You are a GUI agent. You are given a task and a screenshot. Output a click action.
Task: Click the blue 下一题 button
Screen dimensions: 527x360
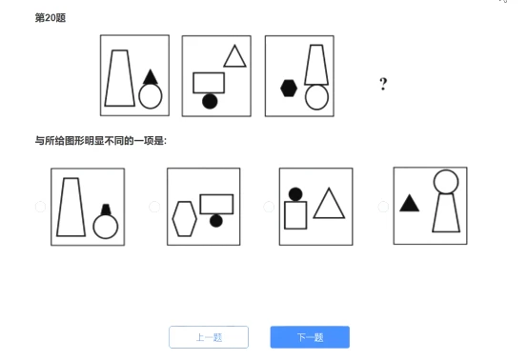[x=310, y=337]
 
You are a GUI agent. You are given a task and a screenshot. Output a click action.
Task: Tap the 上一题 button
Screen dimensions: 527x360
[x=209, y=337]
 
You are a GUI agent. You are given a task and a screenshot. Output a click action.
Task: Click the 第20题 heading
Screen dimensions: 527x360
[x=51, y=18]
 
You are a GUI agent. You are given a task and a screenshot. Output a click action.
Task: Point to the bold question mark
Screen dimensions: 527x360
[x=383, y=84]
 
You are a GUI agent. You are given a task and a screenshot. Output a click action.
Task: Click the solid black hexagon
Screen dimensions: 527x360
[x=289, y=89]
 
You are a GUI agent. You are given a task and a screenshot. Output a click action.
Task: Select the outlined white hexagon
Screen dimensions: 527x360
[x=185, y=219]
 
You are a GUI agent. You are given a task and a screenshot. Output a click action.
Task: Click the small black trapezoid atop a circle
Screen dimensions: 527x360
[x=106, y=210]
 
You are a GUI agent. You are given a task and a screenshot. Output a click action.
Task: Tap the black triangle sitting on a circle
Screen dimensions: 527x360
[x=151, y=77]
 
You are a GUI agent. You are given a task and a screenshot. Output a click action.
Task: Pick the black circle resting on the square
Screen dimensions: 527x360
[x=295, y=194]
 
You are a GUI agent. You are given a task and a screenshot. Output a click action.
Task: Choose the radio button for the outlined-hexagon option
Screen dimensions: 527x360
[x=154, y=207]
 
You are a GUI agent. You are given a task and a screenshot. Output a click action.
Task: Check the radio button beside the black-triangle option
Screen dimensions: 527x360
[x=383, y=207]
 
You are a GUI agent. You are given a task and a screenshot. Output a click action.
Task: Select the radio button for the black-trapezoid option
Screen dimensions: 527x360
[x=40, y=207]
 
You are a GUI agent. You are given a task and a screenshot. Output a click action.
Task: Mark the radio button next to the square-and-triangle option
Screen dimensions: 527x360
[x=269, y=207]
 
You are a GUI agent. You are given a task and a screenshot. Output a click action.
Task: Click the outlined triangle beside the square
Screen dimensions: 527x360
[x=329, y=216]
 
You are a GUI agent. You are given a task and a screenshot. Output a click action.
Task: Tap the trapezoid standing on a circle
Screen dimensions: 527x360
[x=316, y=84]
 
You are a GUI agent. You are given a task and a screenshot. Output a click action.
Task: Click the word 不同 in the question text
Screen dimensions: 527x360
[x=114, y=141]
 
